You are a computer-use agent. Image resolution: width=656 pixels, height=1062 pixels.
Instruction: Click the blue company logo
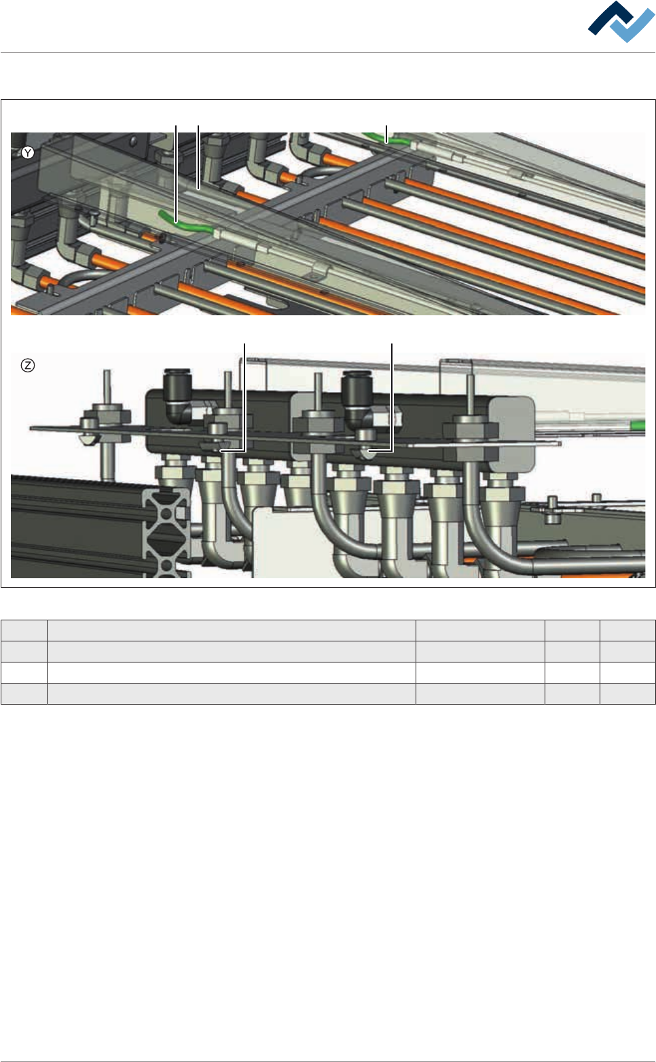tap(621, 21)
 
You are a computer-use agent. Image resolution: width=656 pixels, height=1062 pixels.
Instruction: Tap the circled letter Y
tap(28, 153)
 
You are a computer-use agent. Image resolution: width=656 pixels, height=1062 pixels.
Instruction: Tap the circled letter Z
tap(28, 366)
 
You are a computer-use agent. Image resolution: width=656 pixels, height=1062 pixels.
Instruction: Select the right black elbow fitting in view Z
tap(358, 397)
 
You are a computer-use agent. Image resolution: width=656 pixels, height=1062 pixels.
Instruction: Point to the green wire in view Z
tap(638, 425)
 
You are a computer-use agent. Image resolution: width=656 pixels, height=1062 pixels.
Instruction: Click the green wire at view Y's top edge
tap(384, 138)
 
